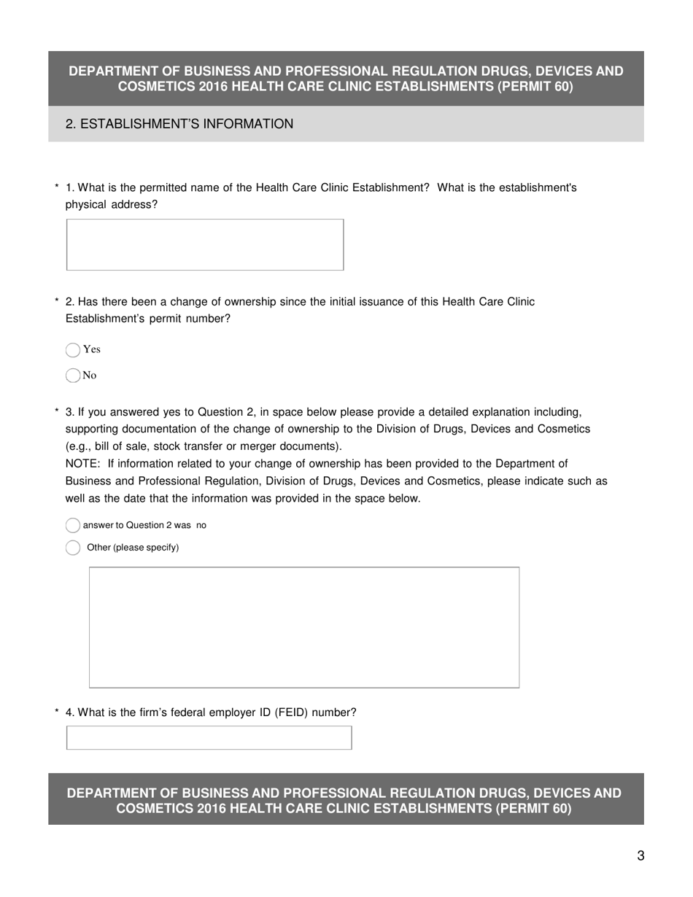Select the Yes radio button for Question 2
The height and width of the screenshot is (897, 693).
click(73, 350)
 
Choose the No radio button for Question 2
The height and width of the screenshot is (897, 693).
click(73, 376)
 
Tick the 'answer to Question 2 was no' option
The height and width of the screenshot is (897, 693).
click(73, 526)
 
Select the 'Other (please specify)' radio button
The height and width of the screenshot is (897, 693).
click(73, 548)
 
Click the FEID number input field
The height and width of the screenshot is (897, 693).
click(209, 738)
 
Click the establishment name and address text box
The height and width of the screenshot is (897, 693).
click(205, 245)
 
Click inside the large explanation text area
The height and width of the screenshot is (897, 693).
click(304, 627)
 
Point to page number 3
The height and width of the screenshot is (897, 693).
click(640, 856)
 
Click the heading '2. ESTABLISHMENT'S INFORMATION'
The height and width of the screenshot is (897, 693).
click(179, 124)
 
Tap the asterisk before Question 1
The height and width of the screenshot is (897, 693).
click(57, 188)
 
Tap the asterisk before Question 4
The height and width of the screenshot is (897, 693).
click(57, 712)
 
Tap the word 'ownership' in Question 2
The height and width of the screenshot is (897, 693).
click(249, 302)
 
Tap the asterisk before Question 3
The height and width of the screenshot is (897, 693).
click(57, 412)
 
